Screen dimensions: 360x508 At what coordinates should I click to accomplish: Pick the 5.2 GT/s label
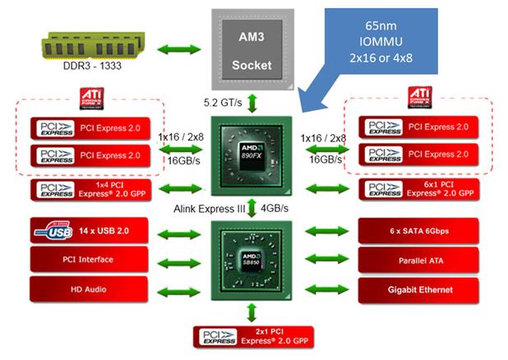pos(222,103)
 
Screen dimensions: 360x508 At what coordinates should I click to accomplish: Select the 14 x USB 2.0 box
pos(90,232)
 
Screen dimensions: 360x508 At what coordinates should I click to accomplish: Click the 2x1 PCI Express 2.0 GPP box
pos(252,336)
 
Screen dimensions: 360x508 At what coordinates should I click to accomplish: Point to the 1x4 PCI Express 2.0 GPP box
pos(90,190)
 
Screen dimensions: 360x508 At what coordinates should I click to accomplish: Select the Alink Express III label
pos(210,209)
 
